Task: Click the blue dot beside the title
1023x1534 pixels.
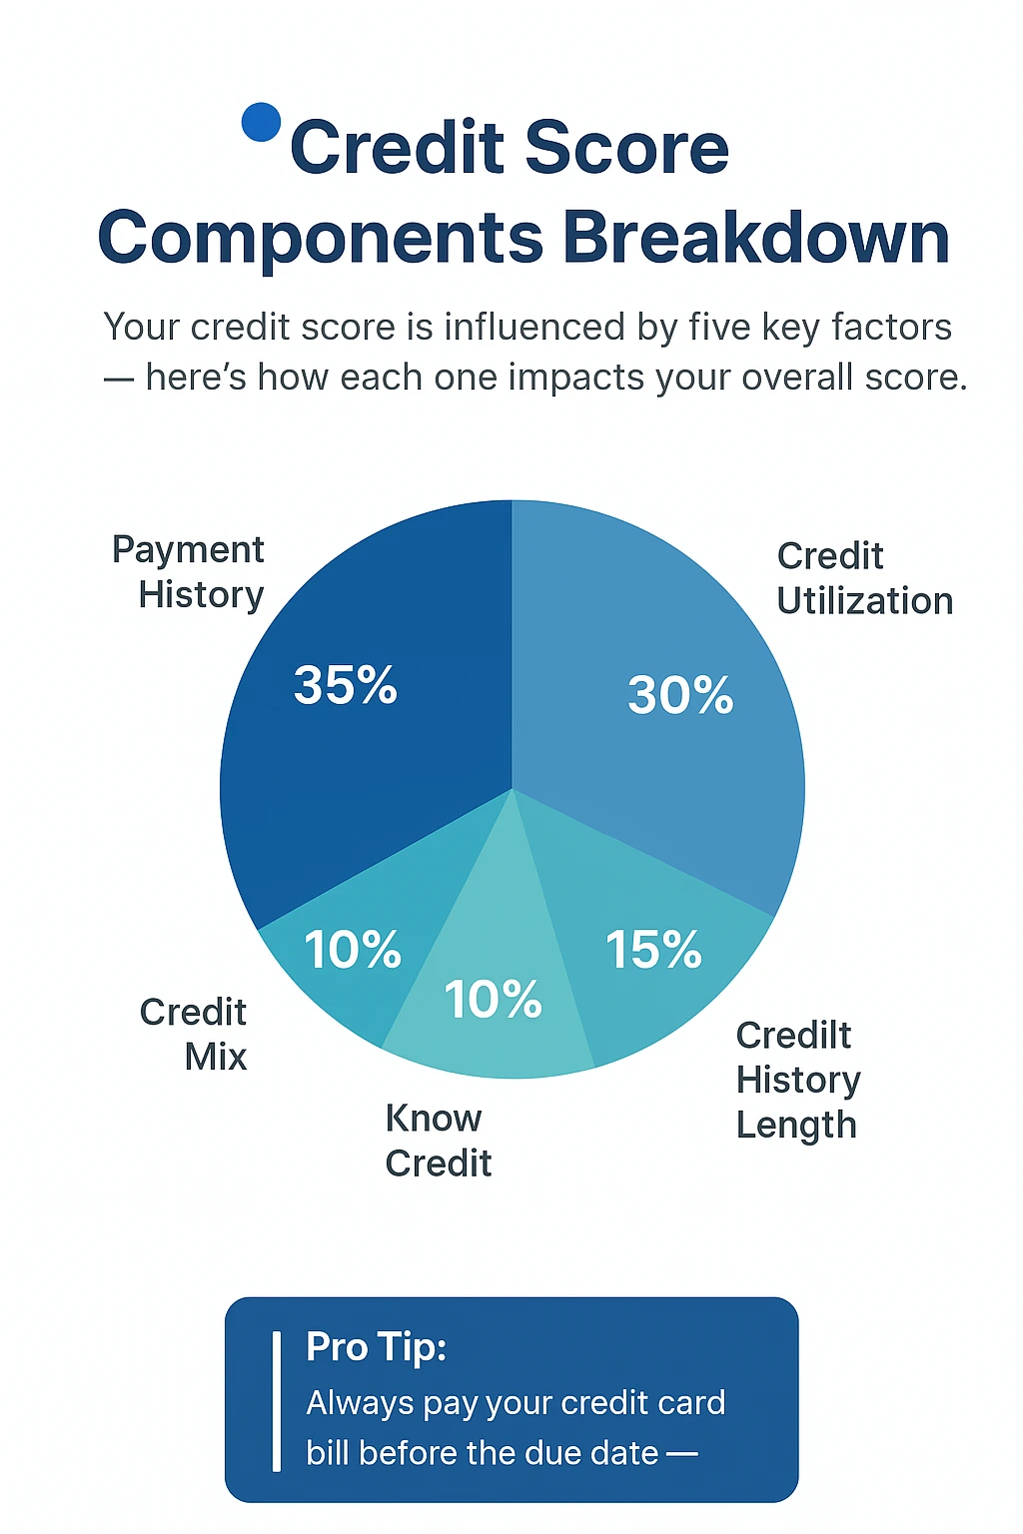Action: tap(261, 122)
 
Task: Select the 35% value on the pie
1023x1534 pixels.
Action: tap(346, 685)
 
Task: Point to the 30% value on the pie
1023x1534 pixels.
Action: tap(680, 695)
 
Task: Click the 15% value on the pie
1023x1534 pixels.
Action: tap(653, 949)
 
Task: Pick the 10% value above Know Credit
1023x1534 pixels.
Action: tap(493, 999)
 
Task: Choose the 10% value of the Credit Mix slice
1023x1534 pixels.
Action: tap(353, 949)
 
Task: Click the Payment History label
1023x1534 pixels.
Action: tap(189, 572)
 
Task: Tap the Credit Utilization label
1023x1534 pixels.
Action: tap(865, 578)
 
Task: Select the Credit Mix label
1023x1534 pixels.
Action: tap(193, 1034)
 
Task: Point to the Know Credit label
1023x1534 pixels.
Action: tap(439, 1141)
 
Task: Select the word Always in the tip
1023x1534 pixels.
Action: tap(360, 1403)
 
